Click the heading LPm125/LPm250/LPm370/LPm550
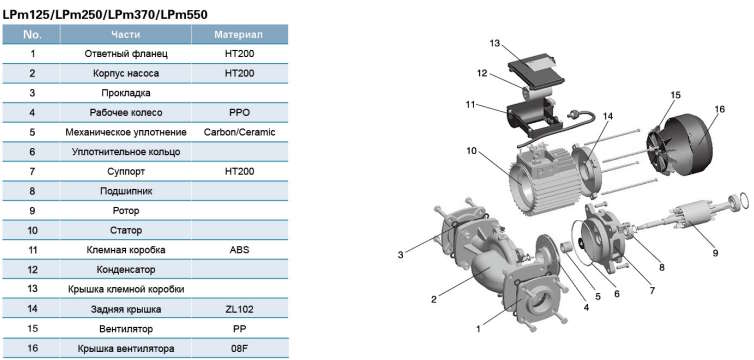[x=105, y=15]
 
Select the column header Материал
[x=239, y=35]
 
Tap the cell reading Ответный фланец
[x=126, y=54]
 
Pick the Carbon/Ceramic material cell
[x=239, y=132]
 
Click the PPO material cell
[x=239, y=112]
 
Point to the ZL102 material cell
[x=239, y=309]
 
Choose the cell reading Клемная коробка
[x=126, y=250]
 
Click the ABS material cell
[x=239, y=250]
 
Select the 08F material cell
[x=239, y=348]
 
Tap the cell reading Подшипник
[x=126, y=191]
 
